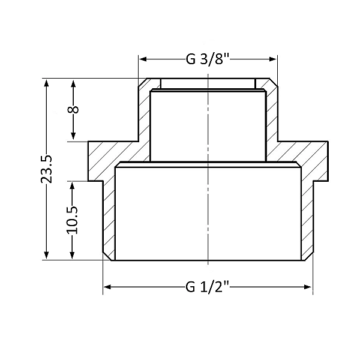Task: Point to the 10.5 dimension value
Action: (73, 220)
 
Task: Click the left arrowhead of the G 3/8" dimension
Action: (143, 59)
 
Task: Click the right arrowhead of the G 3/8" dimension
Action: (274, 59)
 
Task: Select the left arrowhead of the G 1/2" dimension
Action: (108, 287)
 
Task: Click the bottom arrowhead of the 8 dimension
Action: (73, 137)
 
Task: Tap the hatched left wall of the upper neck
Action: (144, 114)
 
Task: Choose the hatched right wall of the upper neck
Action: (271, 114)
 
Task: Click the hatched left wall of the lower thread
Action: (109, 222)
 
